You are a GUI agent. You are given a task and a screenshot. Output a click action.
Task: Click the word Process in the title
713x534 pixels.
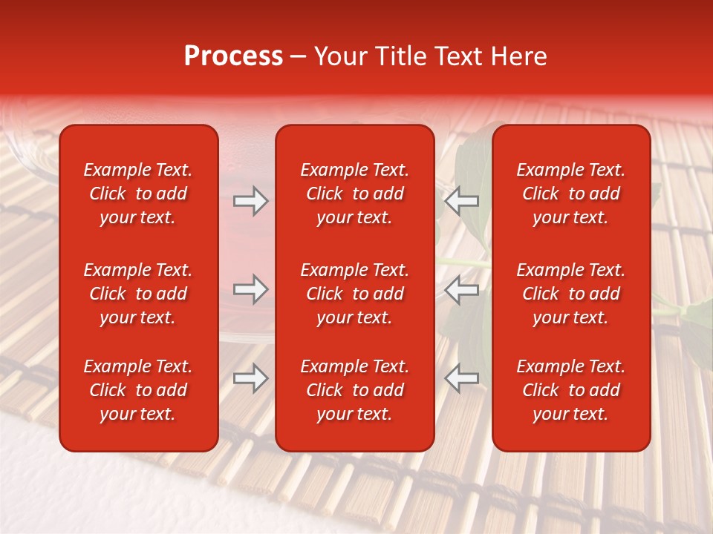coord(233,56)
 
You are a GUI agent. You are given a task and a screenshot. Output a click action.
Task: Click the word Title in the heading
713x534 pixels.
coord(400,56)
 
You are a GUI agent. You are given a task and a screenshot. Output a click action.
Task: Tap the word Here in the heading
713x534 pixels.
coord(518,56)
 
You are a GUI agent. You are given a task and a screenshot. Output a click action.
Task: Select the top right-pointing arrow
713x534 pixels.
coord(250,200)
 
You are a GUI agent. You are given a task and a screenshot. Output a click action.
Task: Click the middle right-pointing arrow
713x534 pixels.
coord(250,289)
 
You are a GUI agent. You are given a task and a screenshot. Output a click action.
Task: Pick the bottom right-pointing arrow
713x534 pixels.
coord(250,378)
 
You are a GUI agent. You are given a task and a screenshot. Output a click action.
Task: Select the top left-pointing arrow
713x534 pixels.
coord(462,200)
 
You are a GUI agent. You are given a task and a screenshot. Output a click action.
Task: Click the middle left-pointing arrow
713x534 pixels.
coord(462,289)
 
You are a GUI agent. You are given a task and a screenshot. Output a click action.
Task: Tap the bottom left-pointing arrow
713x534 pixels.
coord(462,378)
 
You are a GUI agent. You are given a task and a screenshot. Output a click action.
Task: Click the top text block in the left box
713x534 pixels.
coord(138,194)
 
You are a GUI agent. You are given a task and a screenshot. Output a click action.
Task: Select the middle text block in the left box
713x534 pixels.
coord(138,294)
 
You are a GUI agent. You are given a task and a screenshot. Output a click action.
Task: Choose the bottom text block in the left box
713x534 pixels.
coord(138,390)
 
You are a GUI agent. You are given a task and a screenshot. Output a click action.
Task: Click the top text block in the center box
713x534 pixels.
coord(354,194)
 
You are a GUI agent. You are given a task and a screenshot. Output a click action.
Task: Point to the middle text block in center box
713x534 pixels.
coord(354,294)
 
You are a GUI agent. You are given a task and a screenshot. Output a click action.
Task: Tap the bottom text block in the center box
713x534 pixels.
coord(354,390)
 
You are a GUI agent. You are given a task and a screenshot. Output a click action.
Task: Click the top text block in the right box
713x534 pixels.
coord(570,194)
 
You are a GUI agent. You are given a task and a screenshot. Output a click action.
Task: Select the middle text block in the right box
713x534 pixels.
coord(570,294)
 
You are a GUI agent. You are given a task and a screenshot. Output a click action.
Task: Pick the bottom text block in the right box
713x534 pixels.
coord(570,390)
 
